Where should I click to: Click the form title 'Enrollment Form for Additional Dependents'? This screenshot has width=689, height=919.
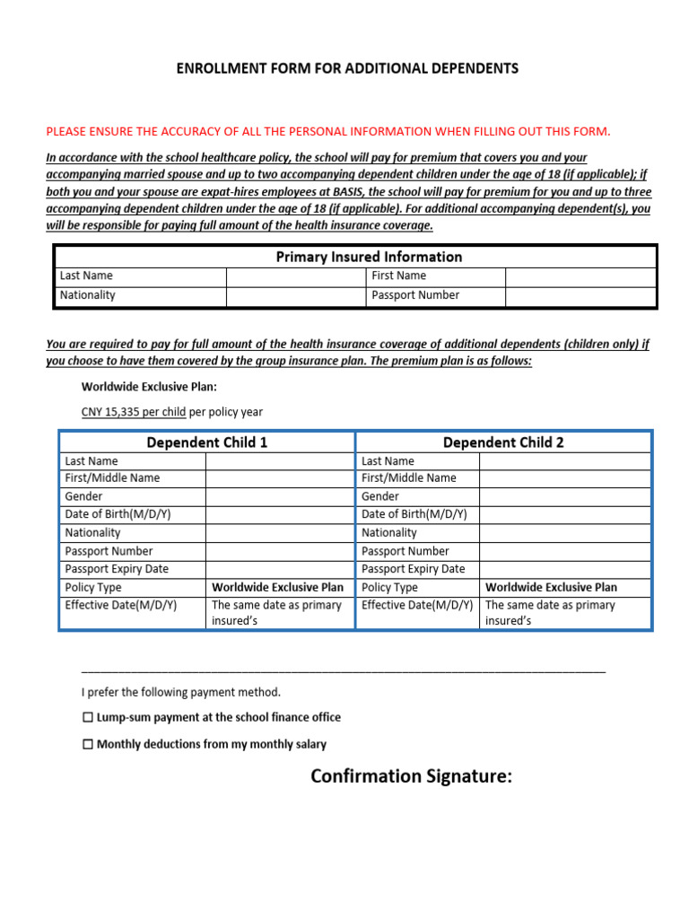coord(346,68)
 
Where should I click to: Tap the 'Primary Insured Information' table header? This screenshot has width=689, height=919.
coord(369,257)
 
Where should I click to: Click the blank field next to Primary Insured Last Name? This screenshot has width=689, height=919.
coord(295,276)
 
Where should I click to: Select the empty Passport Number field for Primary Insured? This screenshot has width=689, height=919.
coord(580,295)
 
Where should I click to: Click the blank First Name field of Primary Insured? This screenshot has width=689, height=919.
coord(580,276)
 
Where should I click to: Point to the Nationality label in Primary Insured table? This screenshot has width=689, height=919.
coord(88,295)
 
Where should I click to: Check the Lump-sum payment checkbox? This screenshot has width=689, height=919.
coord(88,718)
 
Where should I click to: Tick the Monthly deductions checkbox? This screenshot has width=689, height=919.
coord(88,745)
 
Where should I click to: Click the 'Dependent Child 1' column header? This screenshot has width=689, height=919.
coord(207,442)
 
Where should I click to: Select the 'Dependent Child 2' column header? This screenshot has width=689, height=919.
coord(503,442)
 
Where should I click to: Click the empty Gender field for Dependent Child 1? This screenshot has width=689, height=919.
coord(279,496)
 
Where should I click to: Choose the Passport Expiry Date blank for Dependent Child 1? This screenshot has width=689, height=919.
coord(279,569)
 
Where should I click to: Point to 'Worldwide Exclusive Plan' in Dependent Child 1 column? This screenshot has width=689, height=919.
coord(277,587)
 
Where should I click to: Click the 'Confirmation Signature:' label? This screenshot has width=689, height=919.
coord(411,776)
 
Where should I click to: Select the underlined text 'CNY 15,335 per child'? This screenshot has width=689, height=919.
coord(134,412)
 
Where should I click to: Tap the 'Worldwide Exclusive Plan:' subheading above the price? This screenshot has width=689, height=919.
coord(149,388)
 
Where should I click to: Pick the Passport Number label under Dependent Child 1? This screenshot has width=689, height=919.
coord(109,551)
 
